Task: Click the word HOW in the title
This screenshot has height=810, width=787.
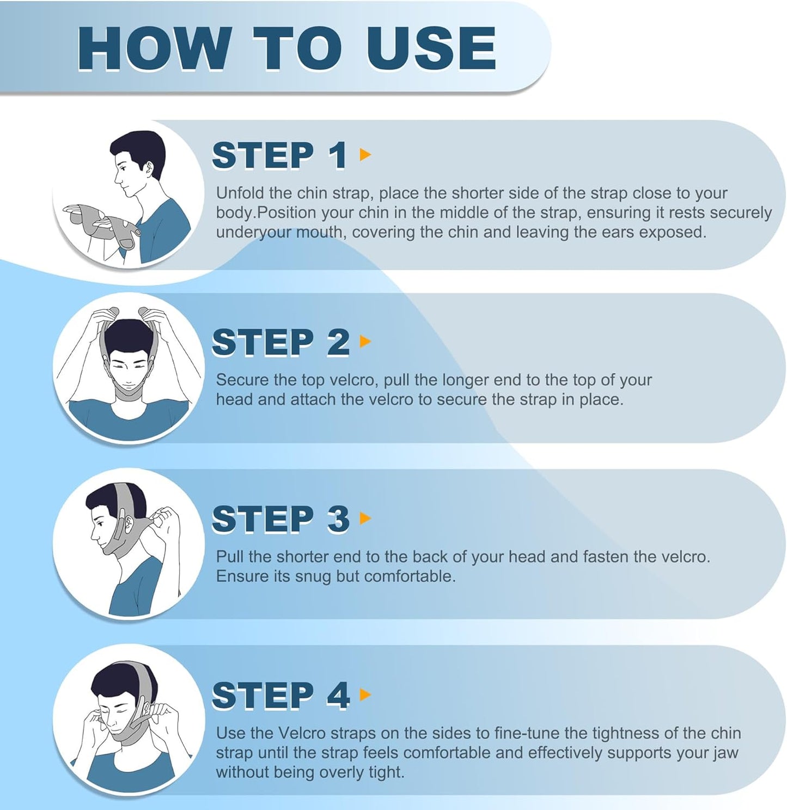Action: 152,48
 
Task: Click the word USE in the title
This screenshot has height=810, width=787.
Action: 431,48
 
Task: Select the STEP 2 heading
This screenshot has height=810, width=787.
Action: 280,342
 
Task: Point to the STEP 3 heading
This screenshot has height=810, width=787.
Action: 280,519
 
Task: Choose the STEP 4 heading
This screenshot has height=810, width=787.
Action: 280,695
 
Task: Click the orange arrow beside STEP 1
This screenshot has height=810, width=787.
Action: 365,154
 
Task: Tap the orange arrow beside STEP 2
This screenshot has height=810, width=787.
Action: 365,342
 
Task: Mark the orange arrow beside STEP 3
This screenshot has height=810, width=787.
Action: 365,518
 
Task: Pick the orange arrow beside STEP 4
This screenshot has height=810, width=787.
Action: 365,695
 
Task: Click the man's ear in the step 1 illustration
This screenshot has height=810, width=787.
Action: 149,168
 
